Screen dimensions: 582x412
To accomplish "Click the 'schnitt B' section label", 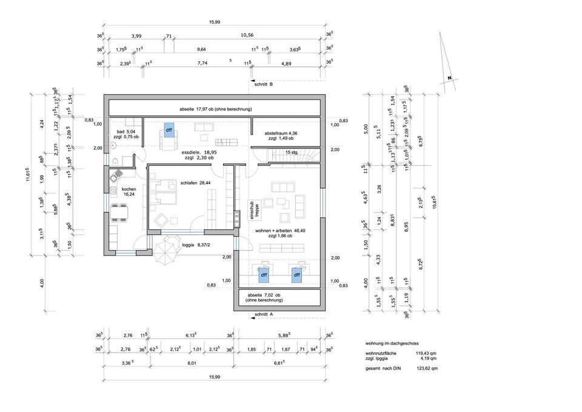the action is (x=264, y=84).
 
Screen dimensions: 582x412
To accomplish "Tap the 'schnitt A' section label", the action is (x=264, y=314).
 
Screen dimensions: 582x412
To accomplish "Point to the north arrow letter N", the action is (x=449, y=78).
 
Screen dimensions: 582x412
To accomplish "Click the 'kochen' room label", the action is (x=129, y=189).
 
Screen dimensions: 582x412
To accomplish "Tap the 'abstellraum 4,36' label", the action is (x=281, y=133).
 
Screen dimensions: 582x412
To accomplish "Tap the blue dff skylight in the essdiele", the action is (x=168, y=130).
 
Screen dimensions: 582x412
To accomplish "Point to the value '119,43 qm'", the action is (x=426, y=353).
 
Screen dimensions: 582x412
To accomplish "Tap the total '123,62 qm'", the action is (x=426, y=368).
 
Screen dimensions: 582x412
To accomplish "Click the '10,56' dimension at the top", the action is (x=247, y=35).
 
